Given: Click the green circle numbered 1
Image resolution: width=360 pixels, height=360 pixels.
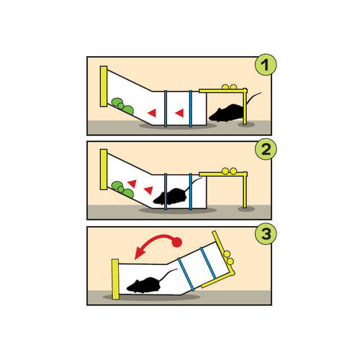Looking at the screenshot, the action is tap(266, 65).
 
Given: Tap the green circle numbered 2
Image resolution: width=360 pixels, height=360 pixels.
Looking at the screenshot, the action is tap(266, 149).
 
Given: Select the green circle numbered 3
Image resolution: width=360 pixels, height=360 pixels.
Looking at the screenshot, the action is tap(266, 233).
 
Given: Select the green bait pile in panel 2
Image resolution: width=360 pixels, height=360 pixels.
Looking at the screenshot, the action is tap(122, 189).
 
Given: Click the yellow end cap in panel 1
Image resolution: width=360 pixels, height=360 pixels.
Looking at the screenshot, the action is tap(104, 86).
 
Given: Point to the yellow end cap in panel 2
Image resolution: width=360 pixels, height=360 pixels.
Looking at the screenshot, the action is tap(104, 169).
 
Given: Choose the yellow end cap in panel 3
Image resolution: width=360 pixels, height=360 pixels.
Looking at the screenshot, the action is tap(115, 279).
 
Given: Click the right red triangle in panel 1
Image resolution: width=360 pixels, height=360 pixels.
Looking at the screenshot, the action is tap(180, 113).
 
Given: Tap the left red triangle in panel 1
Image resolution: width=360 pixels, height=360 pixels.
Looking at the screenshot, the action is tap(152, 113).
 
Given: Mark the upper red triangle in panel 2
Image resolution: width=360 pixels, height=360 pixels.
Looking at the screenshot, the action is tap(132, 184).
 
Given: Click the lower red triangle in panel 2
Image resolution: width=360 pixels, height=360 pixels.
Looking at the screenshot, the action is tap(149, 190).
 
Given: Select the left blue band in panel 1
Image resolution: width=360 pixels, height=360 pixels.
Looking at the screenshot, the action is tap(166, 109).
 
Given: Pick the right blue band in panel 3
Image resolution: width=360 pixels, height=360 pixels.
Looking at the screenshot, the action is tap(208, 264).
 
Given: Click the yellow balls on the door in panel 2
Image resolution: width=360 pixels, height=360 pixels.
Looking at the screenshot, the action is tap(229, 171).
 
